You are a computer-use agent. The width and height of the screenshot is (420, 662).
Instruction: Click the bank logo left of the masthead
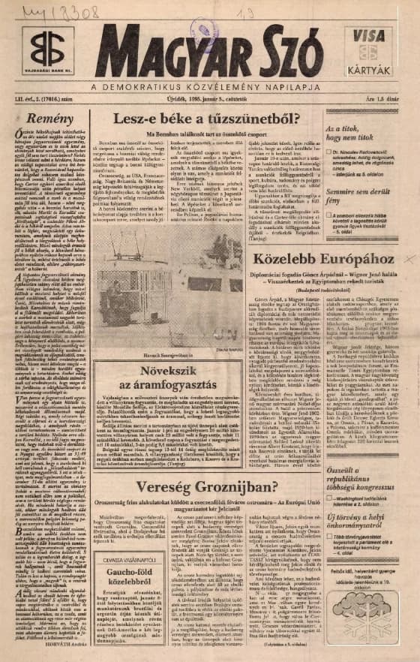point(46,49)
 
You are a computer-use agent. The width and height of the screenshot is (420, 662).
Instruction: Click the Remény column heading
point(46,119)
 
